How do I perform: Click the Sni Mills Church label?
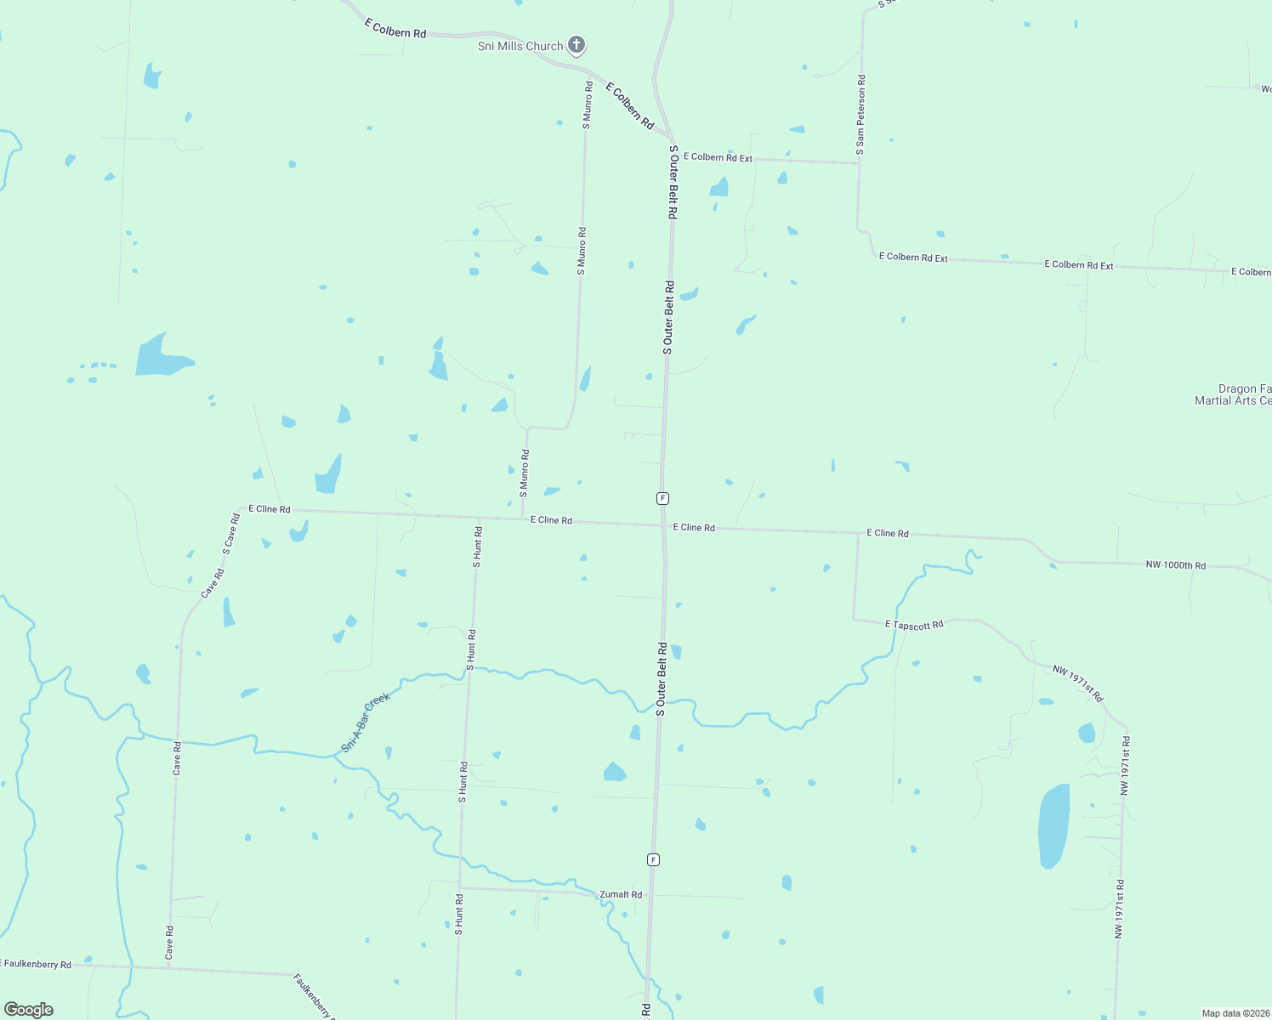520,46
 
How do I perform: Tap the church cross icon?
576,44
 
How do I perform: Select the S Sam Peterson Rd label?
860,115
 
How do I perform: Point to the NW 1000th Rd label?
1175,565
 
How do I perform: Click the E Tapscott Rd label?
914,625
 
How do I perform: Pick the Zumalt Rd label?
621,894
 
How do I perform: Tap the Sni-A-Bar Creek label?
366,722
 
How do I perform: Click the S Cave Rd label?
230,534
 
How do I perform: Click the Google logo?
29,1010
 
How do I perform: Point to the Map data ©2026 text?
1235,1013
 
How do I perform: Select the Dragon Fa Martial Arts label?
1233,395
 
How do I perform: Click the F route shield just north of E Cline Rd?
662,498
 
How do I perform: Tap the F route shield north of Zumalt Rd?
653,859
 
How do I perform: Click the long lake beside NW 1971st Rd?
1053,825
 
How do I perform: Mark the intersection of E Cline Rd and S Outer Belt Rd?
663,525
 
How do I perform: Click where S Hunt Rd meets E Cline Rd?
479,517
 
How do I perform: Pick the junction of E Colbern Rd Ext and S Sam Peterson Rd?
858,162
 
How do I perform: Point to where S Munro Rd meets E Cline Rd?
522,518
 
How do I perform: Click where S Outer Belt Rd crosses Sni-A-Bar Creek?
660,703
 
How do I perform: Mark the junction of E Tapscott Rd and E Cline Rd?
856,534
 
